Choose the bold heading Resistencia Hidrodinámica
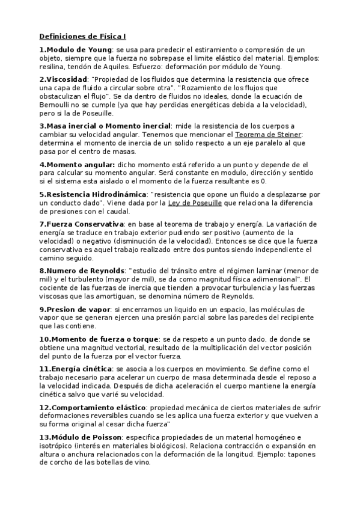click(x=96, y=195)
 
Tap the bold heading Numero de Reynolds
click(x=85, y=271)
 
